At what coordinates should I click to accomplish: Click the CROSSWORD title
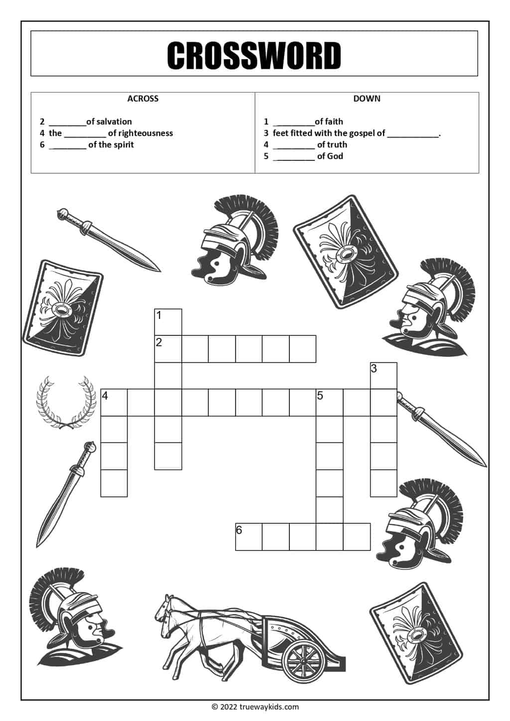click(x=254, y=55)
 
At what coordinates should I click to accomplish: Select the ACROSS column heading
click(x=143, y=99)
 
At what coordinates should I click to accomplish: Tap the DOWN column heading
click(x=367, y=99)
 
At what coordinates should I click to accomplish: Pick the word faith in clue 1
click(x=334, y=122)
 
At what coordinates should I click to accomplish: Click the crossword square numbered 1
click(x=168, y=322)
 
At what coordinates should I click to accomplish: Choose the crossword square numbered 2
click(x=168, y=349)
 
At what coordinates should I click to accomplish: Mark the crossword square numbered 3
click(x=383, y=376)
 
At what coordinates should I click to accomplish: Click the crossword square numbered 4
click(x=114, y=403)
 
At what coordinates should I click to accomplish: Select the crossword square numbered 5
click(x=329, y=403)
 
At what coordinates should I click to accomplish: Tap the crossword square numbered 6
click(x=249, y=537)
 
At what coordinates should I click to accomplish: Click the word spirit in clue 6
click(x=123, y=144)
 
